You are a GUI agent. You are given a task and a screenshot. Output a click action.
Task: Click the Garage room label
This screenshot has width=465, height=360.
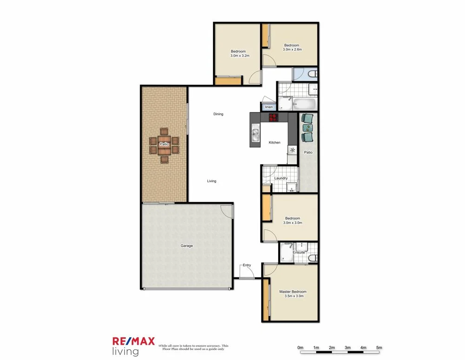click(x=187, y=246)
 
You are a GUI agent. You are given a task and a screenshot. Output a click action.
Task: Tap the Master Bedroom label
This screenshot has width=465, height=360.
click(x=292, y=292)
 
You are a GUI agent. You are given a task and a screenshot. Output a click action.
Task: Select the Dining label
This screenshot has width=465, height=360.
click(x=218, y=114)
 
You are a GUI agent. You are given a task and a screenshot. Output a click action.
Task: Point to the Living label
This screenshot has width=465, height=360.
click(x=212, y=181)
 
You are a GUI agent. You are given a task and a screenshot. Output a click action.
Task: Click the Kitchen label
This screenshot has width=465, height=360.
click(x=274, y=143)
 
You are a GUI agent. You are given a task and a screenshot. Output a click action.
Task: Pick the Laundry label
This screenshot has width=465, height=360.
click(x=281, y=178)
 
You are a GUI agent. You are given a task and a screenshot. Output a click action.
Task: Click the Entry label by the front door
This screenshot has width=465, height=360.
click(x=246, y=265)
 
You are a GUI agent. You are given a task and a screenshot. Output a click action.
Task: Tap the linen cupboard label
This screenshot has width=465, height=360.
click(x=269, y=107)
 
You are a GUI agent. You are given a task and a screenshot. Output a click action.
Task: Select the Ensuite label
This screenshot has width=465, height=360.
click(x=299, y=252)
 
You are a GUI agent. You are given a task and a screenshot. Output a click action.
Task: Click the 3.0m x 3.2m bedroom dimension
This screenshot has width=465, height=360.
click(x=240, y=56)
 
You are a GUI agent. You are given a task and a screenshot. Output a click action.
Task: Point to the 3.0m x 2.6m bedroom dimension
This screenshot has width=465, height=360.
click(x=292, y=49)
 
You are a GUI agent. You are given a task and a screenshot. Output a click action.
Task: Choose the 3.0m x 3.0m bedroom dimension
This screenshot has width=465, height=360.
click(x=292, y=223)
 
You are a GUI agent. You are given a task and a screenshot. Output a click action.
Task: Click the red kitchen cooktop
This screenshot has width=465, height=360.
click(x=272, y=118)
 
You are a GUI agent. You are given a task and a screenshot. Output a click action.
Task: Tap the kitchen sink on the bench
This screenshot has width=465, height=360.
click(x=255, y=134)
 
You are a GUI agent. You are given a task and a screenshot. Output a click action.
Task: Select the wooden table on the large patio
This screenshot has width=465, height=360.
click(x=164, y=144)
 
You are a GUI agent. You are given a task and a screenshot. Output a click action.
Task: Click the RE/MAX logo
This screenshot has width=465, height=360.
click(x=133, y=341)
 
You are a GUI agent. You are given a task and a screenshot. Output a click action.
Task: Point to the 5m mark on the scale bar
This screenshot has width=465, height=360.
click(x=379, y=347)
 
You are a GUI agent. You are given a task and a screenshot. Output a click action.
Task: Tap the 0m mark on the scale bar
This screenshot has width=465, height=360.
click(x=300, y=347)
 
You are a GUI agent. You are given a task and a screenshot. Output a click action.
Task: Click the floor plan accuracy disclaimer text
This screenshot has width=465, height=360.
click(x=193, y=347)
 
